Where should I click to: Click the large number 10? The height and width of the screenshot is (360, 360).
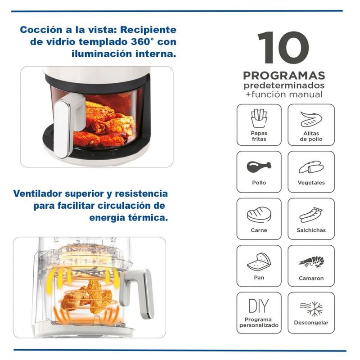pos(283,47)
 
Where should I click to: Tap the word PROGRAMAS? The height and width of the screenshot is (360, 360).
pos(284,76)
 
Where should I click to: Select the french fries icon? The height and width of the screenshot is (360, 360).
pos(259,118)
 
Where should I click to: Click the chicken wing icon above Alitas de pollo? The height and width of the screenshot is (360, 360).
pos(311,119)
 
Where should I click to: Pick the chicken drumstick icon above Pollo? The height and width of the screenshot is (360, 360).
pos(259,166)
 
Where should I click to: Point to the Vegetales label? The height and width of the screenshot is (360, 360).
pos(311,183)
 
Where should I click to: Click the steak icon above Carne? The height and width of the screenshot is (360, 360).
pos(259,215)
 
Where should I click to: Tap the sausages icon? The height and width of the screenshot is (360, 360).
pos(311,215)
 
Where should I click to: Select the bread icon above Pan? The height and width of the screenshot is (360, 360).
pos(259,262)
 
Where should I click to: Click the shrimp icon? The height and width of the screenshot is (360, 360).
pos(311,262)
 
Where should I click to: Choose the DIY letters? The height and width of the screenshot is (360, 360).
pos(259,306)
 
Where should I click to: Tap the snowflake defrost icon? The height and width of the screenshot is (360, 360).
pos(311,309)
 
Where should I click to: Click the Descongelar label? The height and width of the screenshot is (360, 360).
pos(311,323)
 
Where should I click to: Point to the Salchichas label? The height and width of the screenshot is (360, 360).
pos(311,230)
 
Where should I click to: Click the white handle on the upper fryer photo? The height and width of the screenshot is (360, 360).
pos(67,125)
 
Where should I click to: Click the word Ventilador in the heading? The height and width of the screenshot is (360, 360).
pos(38,193)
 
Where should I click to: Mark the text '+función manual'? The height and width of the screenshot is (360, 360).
pos(284,94)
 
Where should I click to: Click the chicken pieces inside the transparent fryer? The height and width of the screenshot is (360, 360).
pos(86,296)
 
